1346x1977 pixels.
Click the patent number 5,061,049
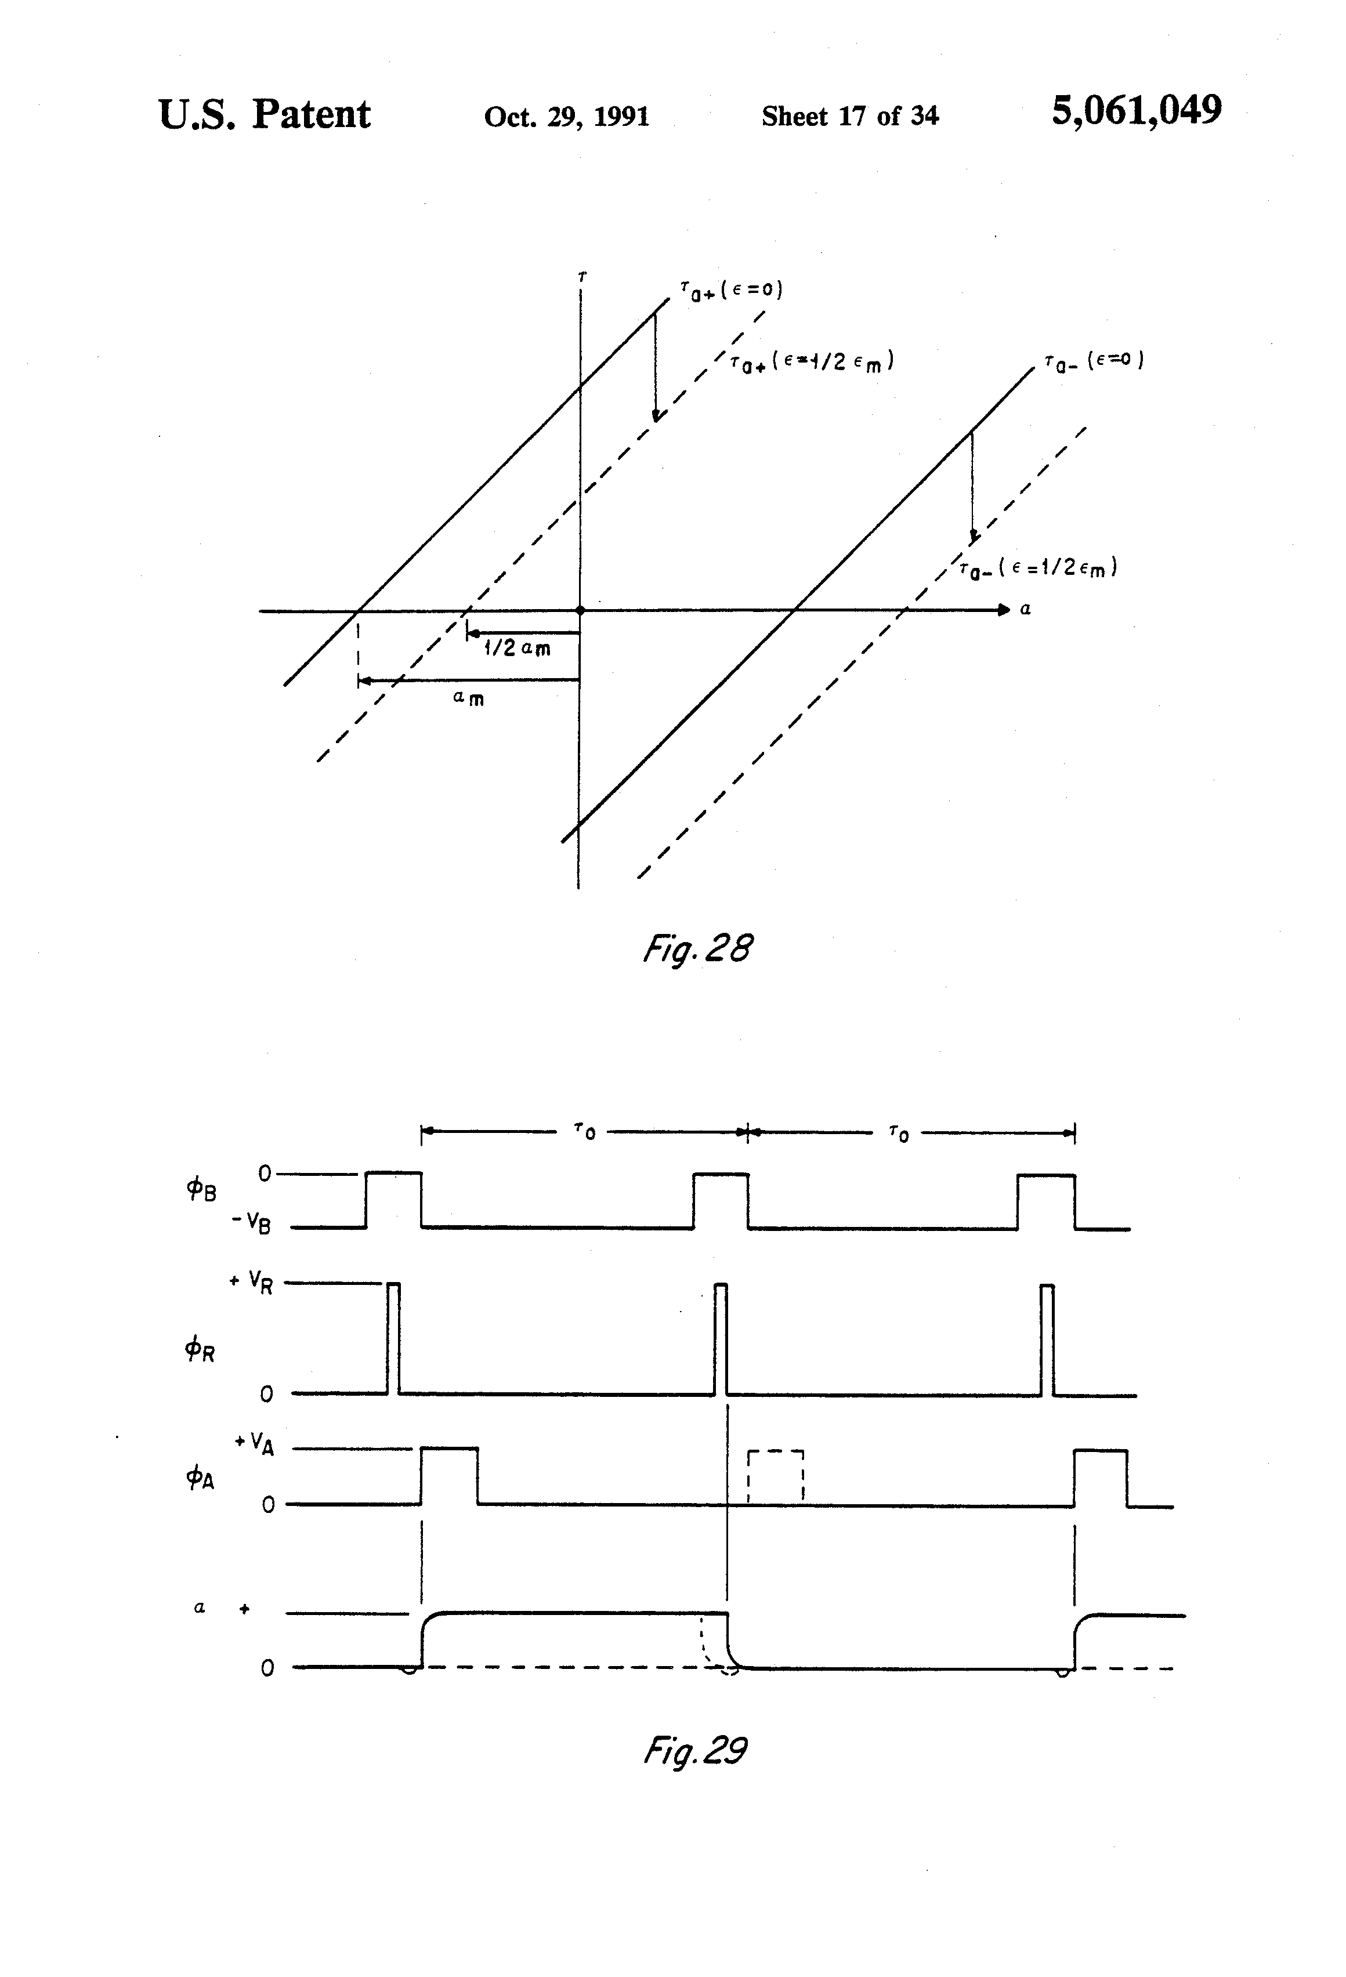(x=1137, y=111)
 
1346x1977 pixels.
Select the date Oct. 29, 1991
(x=567, y=117)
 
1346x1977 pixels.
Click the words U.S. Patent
(x=265, y=114)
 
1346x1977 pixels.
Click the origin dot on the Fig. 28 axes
(x=580, y=610)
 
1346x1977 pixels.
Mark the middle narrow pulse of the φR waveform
(x=721, y=1339)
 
